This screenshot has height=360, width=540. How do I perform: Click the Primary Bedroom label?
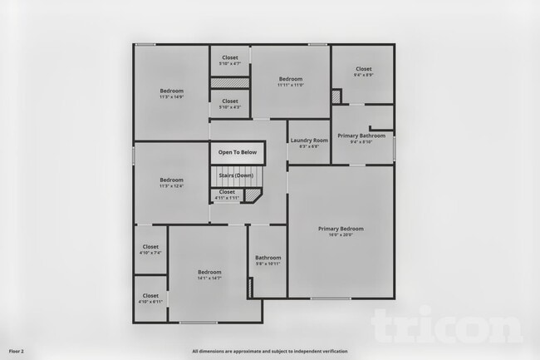[341, 228]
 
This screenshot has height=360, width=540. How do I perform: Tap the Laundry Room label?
[309, 141]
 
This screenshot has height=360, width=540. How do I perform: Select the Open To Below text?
[237, 153]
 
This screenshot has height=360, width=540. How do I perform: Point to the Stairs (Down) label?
[236, 175]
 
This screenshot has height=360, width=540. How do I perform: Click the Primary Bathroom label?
[361, 135]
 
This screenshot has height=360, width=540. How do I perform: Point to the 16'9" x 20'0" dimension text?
[341, 234]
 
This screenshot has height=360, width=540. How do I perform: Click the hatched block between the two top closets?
[229, 82]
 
